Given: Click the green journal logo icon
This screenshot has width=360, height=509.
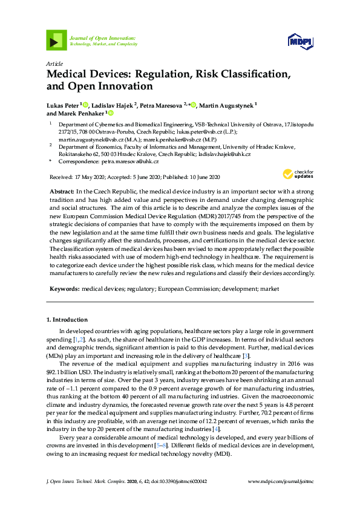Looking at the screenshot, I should pyautogui.click(x=56, y=40).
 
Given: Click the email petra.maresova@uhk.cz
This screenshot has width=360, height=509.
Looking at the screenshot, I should pyautogui.click(x=130, y=161).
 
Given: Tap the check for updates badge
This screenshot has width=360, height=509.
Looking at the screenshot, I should pyautogui.click(x=298, y=174).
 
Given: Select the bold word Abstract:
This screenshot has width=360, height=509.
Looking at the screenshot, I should pyautogui.click(x=62, y=190).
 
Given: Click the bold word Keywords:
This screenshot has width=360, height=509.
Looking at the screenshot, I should pyautogui.click(x=64, y=289).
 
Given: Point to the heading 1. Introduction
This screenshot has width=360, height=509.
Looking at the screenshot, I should pyautogui.click(x=67, y=319).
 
